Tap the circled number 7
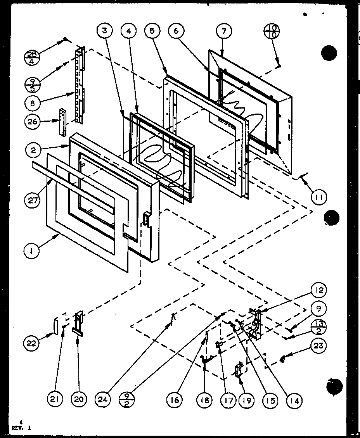224,32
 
